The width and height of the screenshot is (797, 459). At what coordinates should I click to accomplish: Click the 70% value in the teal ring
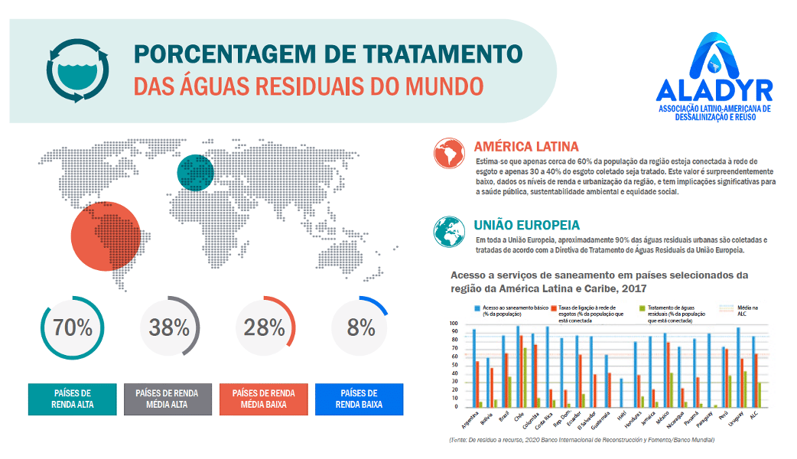pos(73,328)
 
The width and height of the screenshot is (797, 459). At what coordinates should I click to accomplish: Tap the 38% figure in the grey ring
pos(169,328)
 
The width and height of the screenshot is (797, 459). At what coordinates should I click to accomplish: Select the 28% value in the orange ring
pos(265,328)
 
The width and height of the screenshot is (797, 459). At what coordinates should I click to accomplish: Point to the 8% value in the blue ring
pos(360,328)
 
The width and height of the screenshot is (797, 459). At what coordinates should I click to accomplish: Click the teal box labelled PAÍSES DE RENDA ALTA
pos(73,399)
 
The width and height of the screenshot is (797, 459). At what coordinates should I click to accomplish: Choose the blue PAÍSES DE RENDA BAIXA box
pos(360,399)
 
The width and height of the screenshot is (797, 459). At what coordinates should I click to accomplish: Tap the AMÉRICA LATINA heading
pos(526,146)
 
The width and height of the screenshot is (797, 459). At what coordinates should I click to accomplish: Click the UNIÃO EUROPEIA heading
pos(526,226)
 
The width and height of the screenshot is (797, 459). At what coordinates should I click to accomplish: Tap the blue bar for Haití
pos(620,393)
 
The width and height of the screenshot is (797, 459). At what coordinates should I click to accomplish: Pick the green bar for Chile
pos(525,378)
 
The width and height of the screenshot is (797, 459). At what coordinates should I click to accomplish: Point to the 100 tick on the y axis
pos(454,324)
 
